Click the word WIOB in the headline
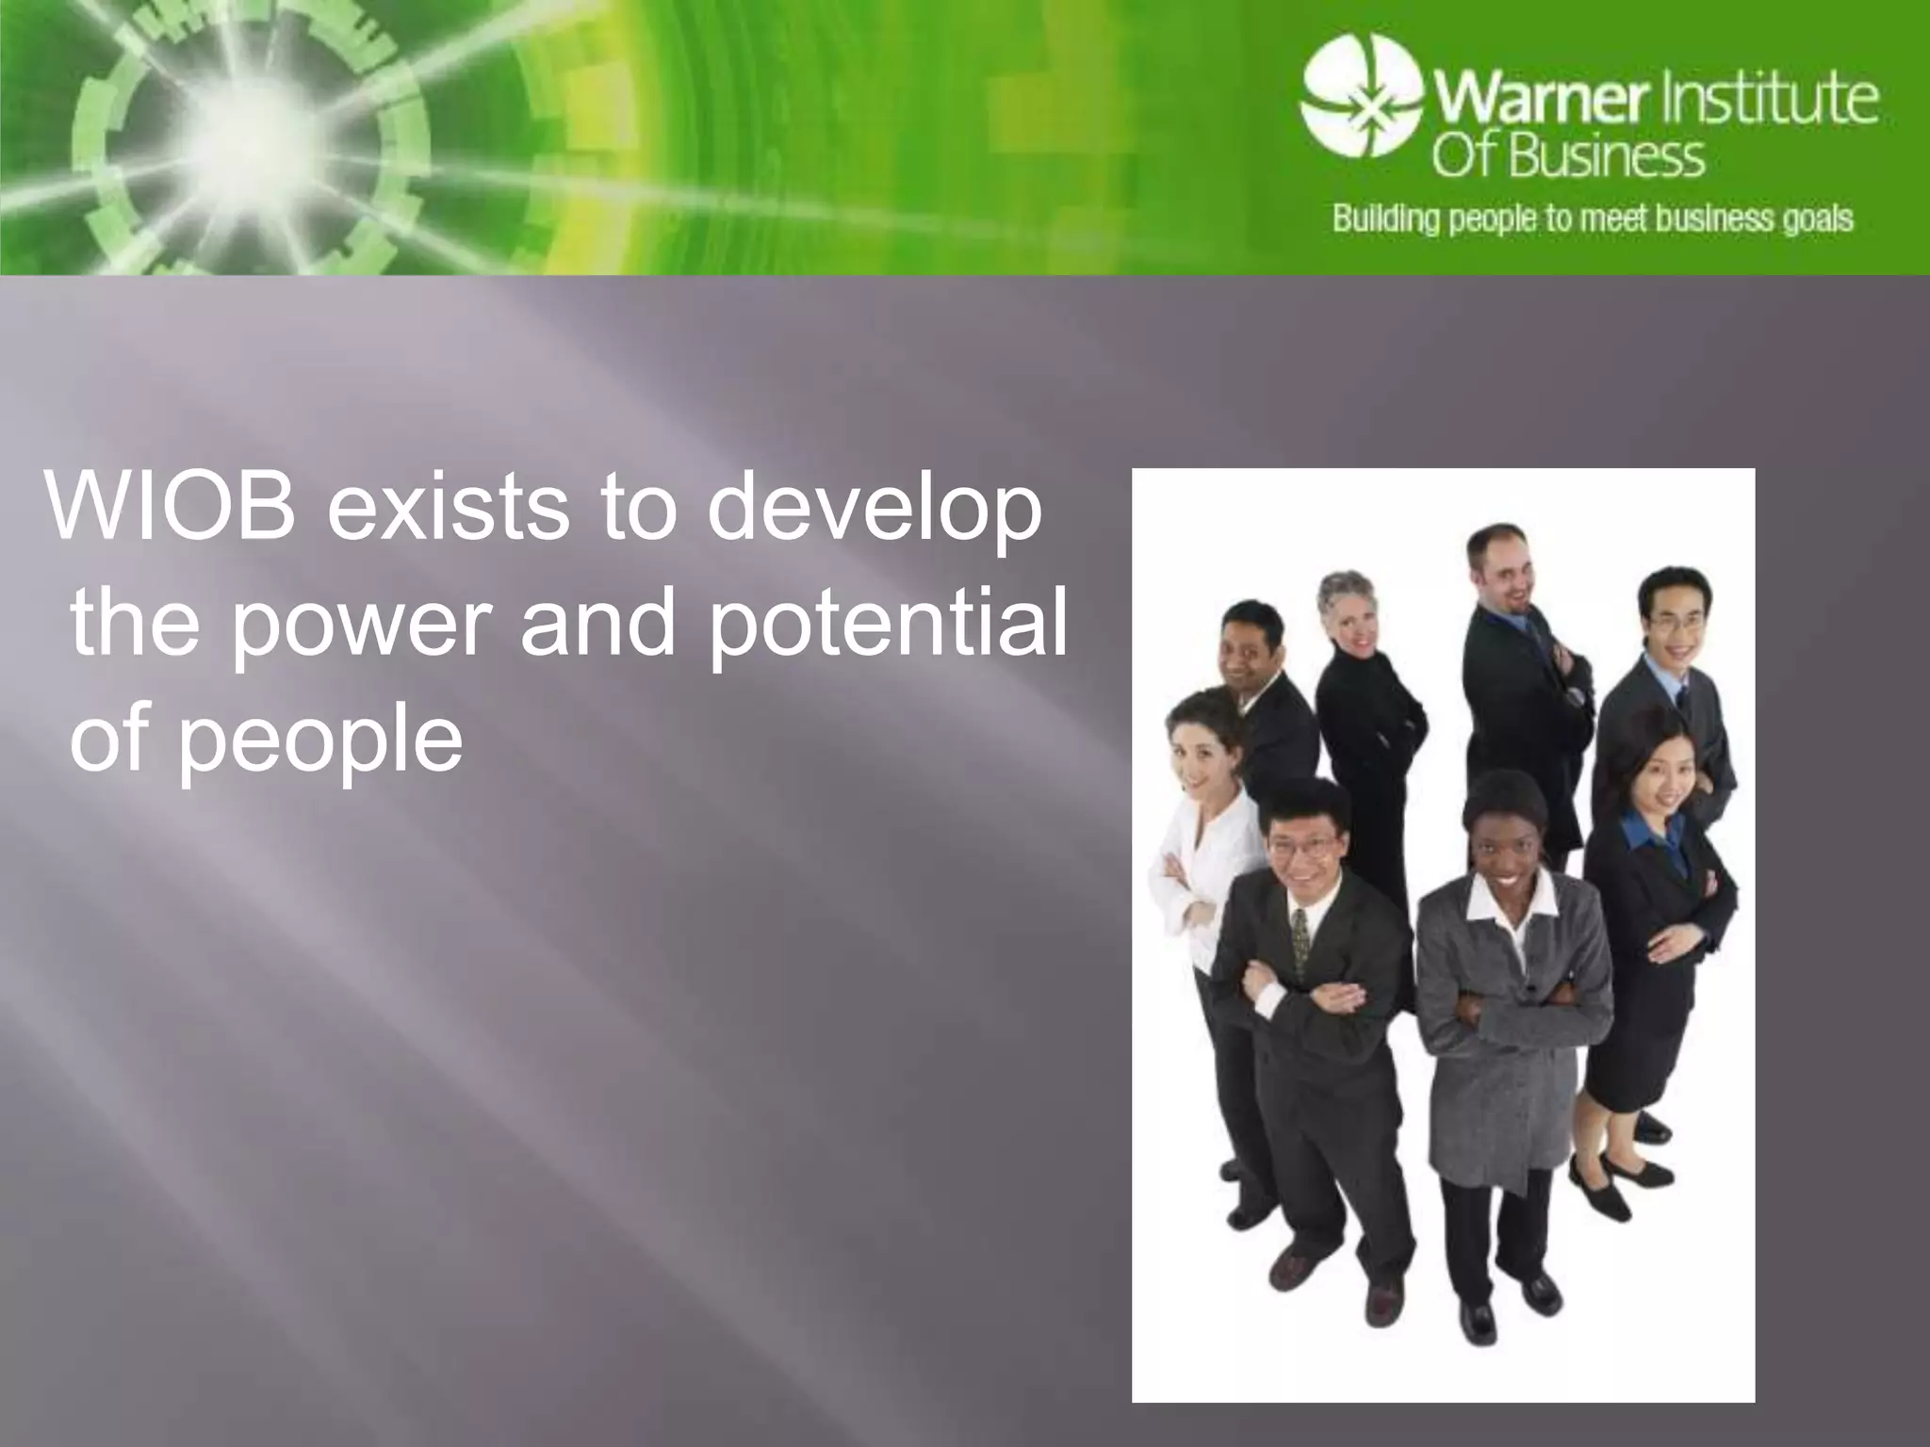tap(170, 509)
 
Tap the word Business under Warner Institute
tap(1606, 157)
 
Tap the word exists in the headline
tap(447, 509)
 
